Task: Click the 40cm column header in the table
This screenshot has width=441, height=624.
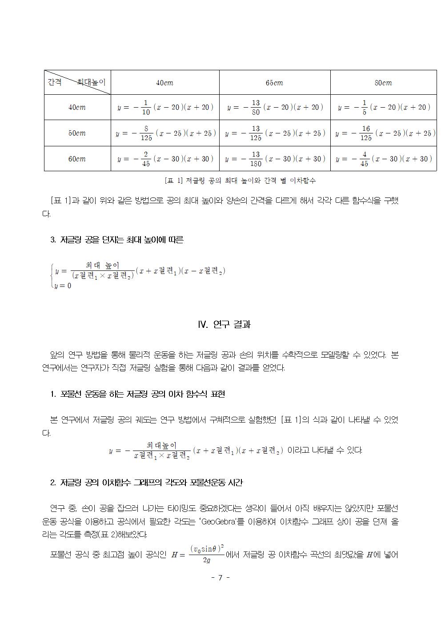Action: coord(164,83)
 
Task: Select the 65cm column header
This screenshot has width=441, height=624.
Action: coord(274,83)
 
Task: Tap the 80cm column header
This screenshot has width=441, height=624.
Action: coord(383,83)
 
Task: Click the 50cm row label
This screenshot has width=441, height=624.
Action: coord(77,133)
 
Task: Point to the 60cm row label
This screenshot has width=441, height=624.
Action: coord(77,159)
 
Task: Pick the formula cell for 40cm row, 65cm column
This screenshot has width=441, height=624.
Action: coord(275,107)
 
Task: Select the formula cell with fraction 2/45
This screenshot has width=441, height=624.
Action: coord(165,159)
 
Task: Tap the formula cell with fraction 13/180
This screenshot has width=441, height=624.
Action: coord(275,159)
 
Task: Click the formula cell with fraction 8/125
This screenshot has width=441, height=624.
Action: coord(165,133)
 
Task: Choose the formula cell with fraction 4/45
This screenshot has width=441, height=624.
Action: coord(384,159)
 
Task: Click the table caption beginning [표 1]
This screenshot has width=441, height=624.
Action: coord(240,181)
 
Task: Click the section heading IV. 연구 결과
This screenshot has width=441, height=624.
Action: coord(224,324)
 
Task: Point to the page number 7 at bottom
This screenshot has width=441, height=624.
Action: coord(220,578)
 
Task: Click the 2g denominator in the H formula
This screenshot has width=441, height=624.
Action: coord(207,560)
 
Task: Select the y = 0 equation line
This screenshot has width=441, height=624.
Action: coord(63,286)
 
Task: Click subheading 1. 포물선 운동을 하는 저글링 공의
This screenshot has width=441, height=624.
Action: coord(138,394)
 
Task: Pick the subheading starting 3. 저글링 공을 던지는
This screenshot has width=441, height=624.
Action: coord(117,240)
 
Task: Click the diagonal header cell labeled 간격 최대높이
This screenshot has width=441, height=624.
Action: coord(77,82)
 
